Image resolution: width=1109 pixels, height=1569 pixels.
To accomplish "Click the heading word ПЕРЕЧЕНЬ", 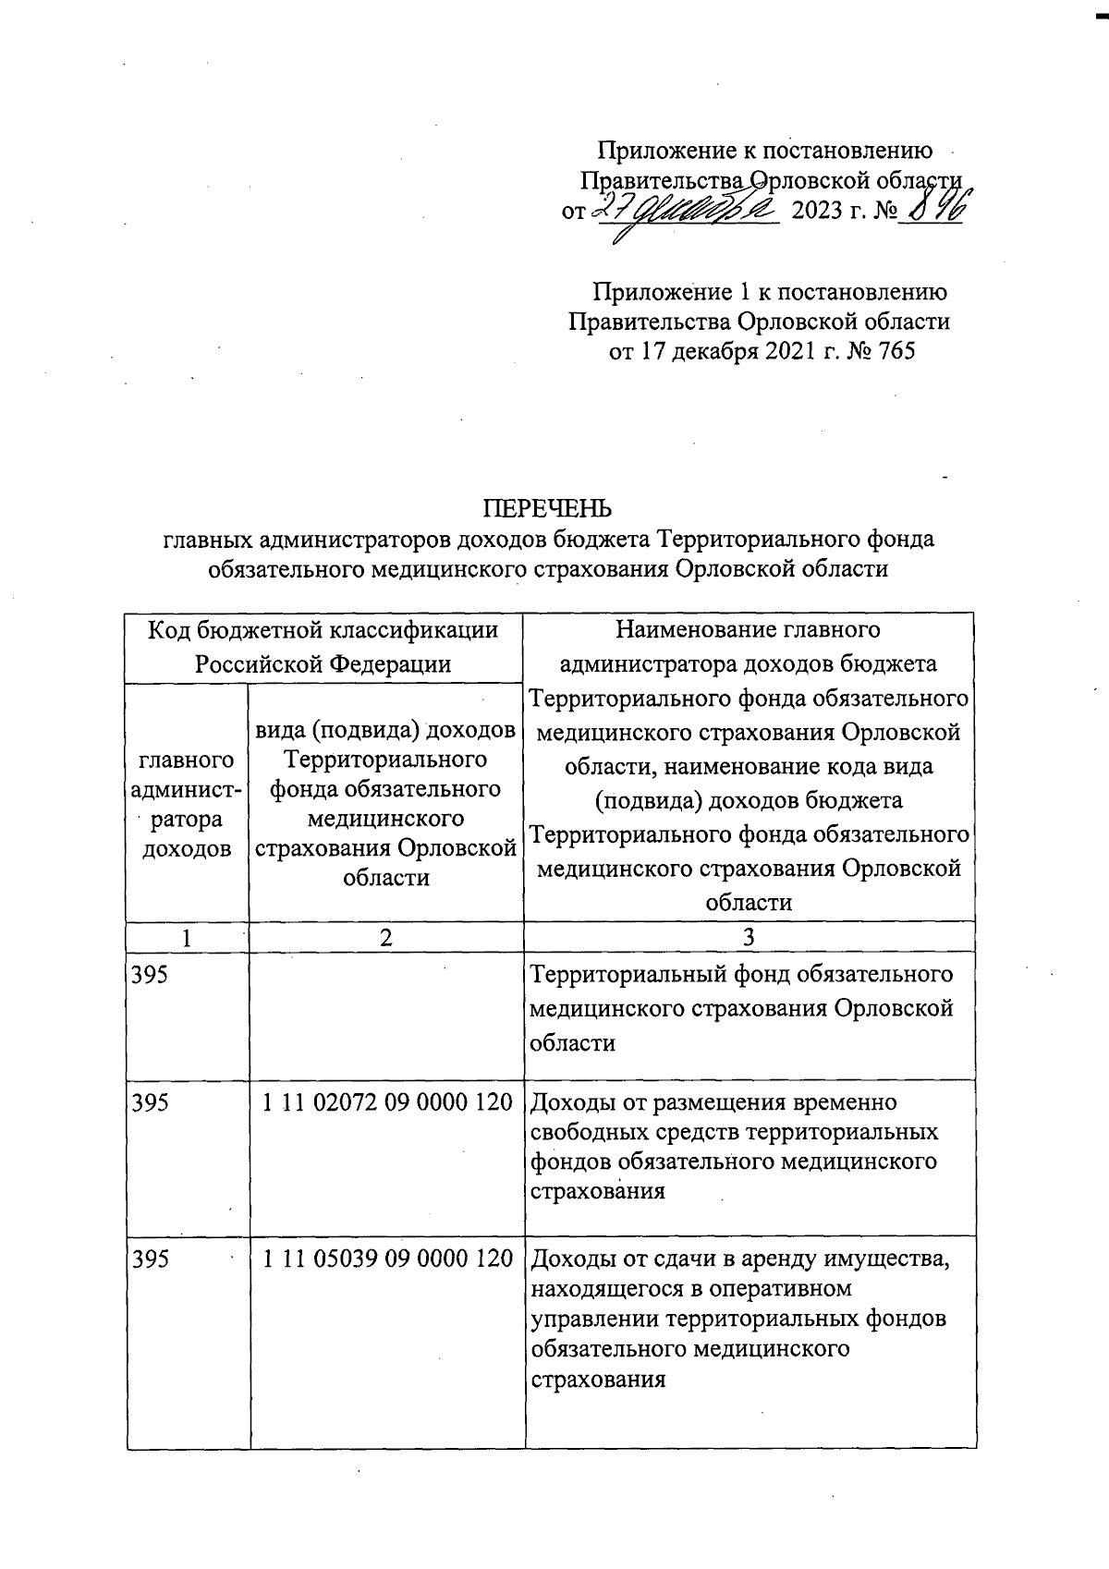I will pos(548,508).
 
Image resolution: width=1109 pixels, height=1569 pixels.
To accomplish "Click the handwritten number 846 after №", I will pos(932,205).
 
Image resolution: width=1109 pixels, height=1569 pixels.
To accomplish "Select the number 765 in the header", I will pos(893,351).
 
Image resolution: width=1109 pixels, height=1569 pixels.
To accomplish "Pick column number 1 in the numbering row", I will pos(188,937).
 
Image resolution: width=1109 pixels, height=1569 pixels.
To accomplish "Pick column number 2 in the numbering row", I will pos(386,937).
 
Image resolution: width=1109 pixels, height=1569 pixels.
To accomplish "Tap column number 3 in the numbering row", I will pos(749,937).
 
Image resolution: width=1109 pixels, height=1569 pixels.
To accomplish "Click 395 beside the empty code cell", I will pos(151,975).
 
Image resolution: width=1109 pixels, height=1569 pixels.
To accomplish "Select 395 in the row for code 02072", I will pos(151,1102).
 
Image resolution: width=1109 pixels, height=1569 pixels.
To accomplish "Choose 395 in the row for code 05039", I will pos(151,1258).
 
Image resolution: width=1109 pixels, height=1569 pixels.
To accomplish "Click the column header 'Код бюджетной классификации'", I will pos(323,630).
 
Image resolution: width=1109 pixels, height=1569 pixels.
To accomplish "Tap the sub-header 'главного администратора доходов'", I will pos(188,804).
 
